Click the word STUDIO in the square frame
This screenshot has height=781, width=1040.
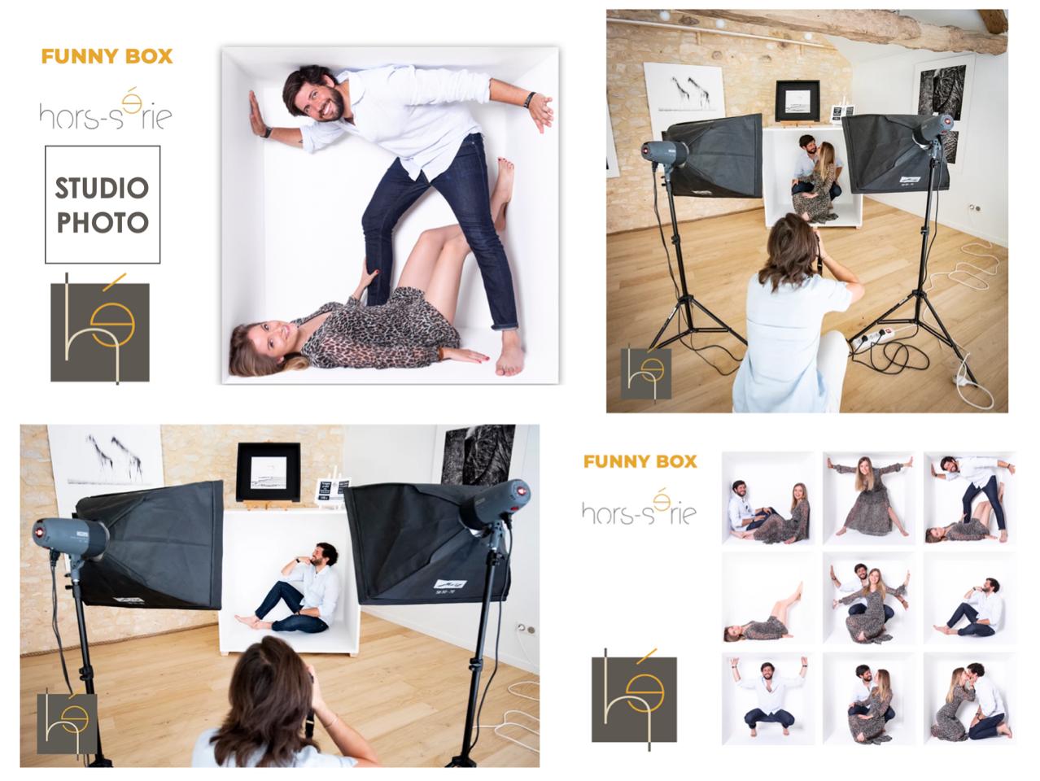[x=102, y=188]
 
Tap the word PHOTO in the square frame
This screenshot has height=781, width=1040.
[x=103, y=222]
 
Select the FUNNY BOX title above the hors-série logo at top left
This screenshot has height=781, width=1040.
[x=107, y=57]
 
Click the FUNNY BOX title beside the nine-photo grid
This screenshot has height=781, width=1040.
[x=640, y=461]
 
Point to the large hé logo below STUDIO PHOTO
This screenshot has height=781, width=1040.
[x=100, y=329]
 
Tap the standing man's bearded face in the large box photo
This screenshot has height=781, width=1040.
[x=324, y=99]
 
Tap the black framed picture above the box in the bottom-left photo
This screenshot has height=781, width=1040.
[x=269, y=472]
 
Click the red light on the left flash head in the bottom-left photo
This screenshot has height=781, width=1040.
[x=39, y=531]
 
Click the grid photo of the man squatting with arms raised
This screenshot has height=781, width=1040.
[x=768, y=699]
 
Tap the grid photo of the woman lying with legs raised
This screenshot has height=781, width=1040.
[x=768, y=599]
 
